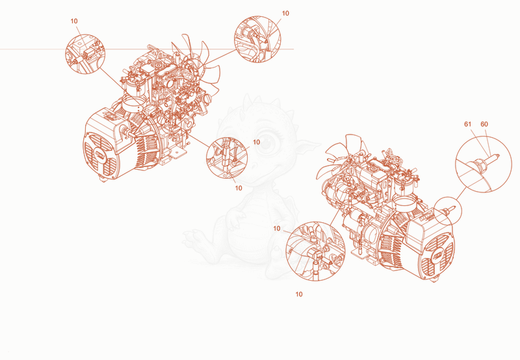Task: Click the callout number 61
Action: pos(467,124)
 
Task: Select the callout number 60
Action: pos(484,124)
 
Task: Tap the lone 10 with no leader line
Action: pos(299,294)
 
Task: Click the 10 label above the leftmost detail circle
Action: pos(74,21)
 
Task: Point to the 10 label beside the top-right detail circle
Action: pos(285,13)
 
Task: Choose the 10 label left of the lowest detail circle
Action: pos(277,228)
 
